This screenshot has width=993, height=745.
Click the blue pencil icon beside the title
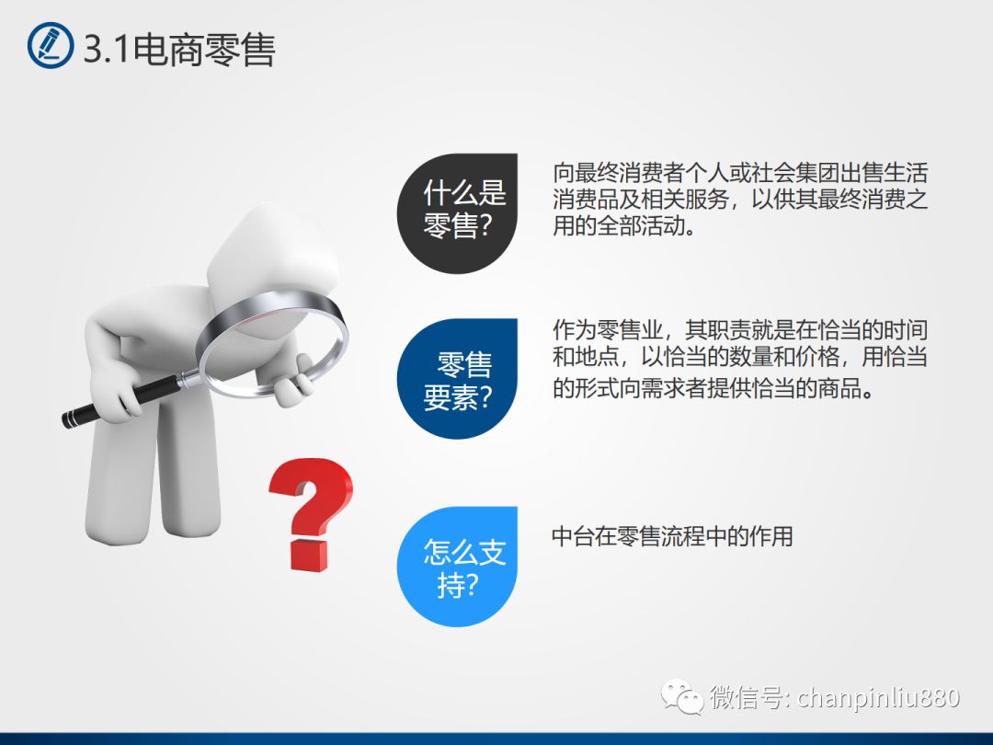click(x=51, y=45)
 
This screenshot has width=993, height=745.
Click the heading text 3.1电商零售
click(x=179, y=49)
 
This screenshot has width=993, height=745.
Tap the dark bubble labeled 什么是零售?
click(x=457, y=213)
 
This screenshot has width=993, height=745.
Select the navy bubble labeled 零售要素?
click(x=457, y=379)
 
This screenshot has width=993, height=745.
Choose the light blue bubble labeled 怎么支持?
click(x=457, y=567)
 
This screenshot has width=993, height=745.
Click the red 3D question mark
click(x=310, y=514)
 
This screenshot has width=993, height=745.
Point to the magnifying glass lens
click(x=273, y=344)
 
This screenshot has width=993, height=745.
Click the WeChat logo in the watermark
click(x=682, y=697)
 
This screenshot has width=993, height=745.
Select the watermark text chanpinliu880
click(x=878, y=697)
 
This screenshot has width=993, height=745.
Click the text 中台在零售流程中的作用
click(x=672, y=536)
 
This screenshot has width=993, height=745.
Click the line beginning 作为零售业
click(x=739, y=330)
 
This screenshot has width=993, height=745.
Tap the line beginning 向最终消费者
click(x=739, y=173)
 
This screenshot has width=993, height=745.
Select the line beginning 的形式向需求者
click(x=713, y=388)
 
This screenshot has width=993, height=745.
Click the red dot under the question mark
click(x=310, y=556)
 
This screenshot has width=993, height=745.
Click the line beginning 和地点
click(x=739, y=357)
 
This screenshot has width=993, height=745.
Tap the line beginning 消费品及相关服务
click(x=739, y=200)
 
